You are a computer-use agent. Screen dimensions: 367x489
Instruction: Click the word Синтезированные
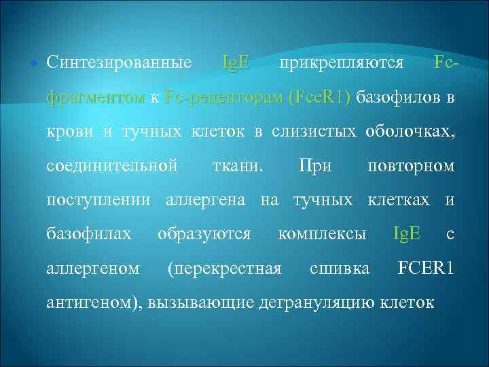[119, 63]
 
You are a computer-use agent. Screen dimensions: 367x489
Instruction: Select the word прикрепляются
[342, 63]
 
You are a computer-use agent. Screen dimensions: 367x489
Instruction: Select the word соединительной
[112, 165]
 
